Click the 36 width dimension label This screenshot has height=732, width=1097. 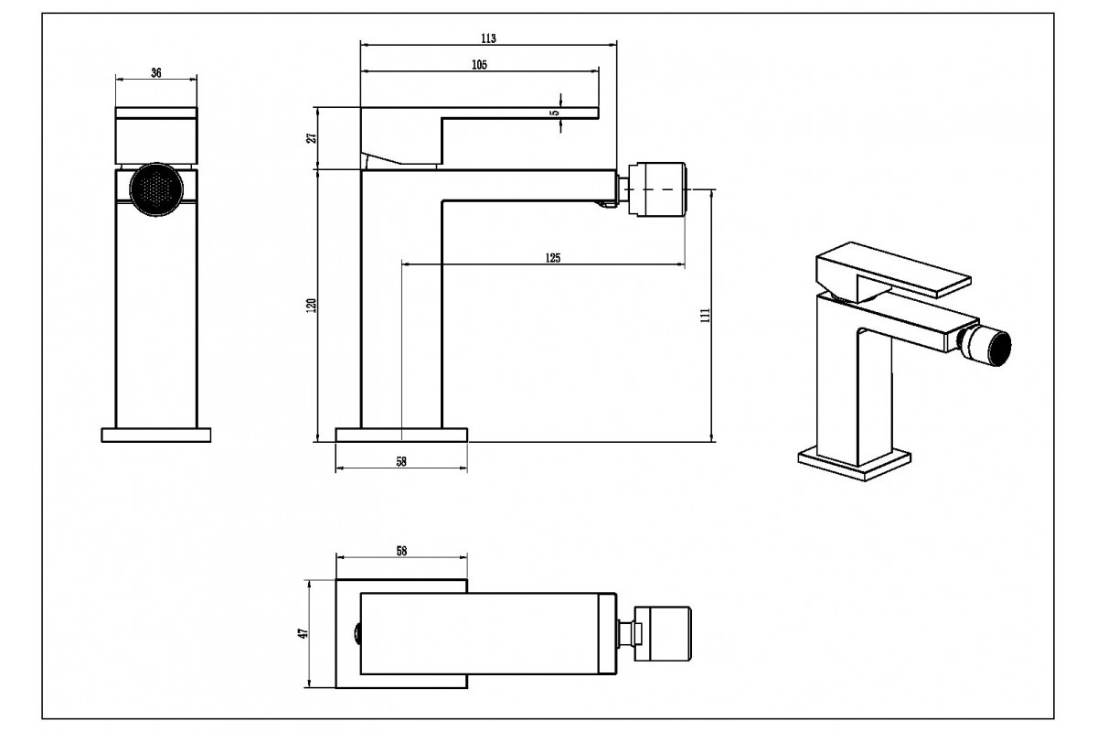pos(155,73)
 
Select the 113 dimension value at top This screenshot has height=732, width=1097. pos(488,38)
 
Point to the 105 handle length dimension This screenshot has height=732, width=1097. pos(479,64)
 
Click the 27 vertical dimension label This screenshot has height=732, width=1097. pos(311,138)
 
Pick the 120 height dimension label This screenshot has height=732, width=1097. pos(311,306)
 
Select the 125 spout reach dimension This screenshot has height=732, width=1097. pos(552,258)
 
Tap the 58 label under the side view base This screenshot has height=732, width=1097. pos(401,462)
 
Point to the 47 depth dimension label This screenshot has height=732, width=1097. pos(304,632)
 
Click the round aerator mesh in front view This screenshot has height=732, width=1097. pos(155,190)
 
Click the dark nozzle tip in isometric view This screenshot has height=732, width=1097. pos(996,350)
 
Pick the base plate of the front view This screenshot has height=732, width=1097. pos(155,435)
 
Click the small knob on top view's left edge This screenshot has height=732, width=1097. pos(357,632)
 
